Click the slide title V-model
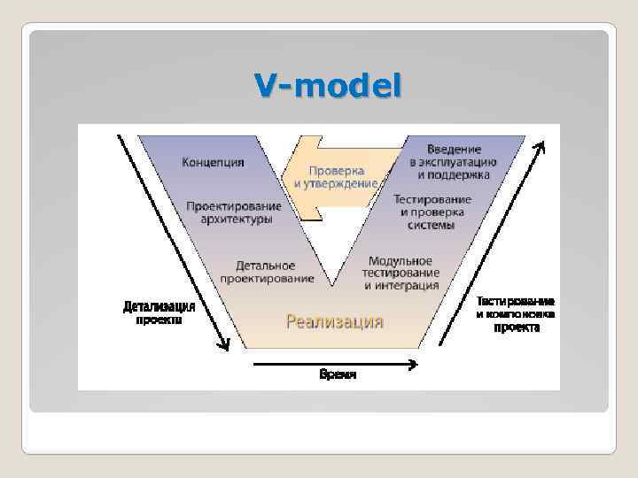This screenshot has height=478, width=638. (x=327, y=86)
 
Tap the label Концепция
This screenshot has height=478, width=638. (x=213, y=162)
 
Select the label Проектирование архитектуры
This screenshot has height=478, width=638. (x=234, y=212)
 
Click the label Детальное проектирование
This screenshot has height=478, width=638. (x=267, y=271)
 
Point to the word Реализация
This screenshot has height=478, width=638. (x=334, y=321)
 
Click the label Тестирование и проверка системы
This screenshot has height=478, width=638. (x=432, y=212)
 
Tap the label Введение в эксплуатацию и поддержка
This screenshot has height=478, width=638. (x=453, y=161)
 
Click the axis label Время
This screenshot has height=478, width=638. (x=338, y=374)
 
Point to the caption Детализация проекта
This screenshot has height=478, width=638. (x=159, y=313)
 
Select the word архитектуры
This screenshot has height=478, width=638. (x=234, y=220)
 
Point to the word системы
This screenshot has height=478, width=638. (x=432, y=225)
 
